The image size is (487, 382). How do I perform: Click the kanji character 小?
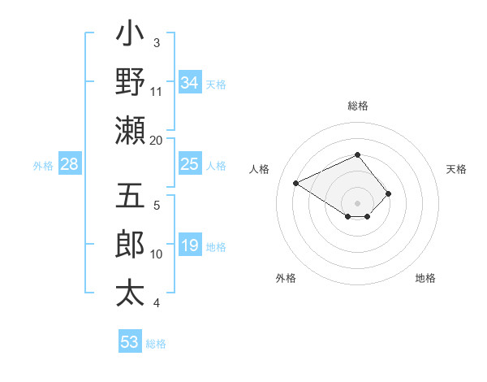[x=131, y=35]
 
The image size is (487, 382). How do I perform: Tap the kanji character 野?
[x=131, y=82]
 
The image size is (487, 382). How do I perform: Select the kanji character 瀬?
[x=131, y=130]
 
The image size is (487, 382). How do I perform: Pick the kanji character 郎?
[x=131, y=245]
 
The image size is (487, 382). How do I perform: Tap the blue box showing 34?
[x=189, y=82]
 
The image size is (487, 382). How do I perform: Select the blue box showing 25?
[x=189, y=164]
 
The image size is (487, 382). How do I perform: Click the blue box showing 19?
[x=189, y=245]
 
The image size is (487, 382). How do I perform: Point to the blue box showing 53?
[x=130, y=342]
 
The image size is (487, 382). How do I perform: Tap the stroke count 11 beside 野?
[x=156, y=91]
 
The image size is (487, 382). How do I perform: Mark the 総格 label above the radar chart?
[x=358, y=106]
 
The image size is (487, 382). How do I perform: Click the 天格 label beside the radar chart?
[x=457, y=169]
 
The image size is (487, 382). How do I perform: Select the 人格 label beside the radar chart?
[x=260, y=169]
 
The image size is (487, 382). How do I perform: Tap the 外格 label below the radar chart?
[x=286, y=278]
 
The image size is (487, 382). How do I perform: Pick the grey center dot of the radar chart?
[x=358, y=202]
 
